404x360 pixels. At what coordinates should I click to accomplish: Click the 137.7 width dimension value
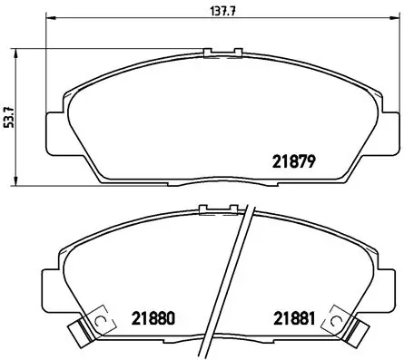(210, 11)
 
